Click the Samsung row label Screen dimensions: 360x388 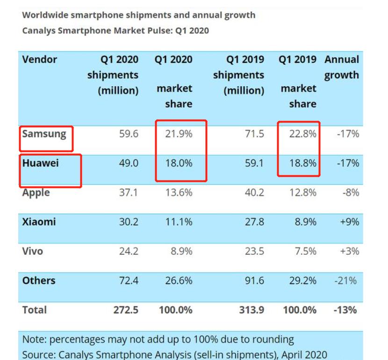tap(44, 134)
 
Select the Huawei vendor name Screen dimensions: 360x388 tap(40, 163)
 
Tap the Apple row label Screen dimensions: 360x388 tap(36, 193)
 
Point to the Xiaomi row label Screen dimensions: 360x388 tap(39, 222)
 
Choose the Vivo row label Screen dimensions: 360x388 tap(32, 251)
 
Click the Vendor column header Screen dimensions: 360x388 tap(39, 60)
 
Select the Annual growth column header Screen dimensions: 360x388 tap(342, 67)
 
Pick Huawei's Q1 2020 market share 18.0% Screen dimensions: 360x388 tap(179, 163)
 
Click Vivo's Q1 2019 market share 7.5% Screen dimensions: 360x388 tap(306, 251)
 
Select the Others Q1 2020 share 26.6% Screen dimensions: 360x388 tap(179, 281)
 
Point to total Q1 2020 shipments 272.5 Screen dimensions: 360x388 tap(126, 310)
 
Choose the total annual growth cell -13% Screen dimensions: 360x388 tap(346, 310)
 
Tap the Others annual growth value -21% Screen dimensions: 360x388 tap(346, 281)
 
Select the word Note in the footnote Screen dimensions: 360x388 tap(34, 339)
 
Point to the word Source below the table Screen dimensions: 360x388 tap(38, 355)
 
